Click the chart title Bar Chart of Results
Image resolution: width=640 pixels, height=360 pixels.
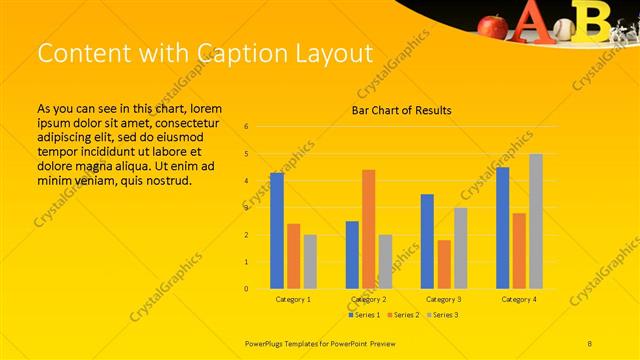401,110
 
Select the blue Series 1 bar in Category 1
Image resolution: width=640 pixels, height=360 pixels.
276,230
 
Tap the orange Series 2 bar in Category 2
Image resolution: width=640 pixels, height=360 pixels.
369,229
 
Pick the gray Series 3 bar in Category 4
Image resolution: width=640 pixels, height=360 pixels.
536,221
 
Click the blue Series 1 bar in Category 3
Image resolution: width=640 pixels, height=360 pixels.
427,241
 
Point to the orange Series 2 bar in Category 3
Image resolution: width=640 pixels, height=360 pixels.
444,264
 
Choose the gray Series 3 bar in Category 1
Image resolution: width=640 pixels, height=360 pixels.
310,261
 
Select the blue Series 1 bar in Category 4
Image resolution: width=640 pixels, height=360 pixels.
502,228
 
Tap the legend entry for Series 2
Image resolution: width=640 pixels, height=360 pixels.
402,315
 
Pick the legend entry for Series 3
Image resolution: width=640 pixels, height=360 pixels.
441,315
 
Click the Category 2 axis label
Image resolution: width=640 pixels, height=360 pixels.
369,299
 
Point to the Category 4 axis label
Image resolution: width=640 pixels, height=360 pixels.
519,299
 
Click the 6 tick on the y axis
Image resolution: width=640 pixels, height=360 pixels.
246,127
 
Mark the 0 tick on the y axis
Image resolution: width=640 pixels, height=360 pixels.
246,289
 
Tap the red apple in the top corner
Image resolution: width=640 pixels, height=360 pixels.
492,24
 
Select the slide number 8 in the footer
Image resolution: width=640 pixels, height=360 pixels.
590,342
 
